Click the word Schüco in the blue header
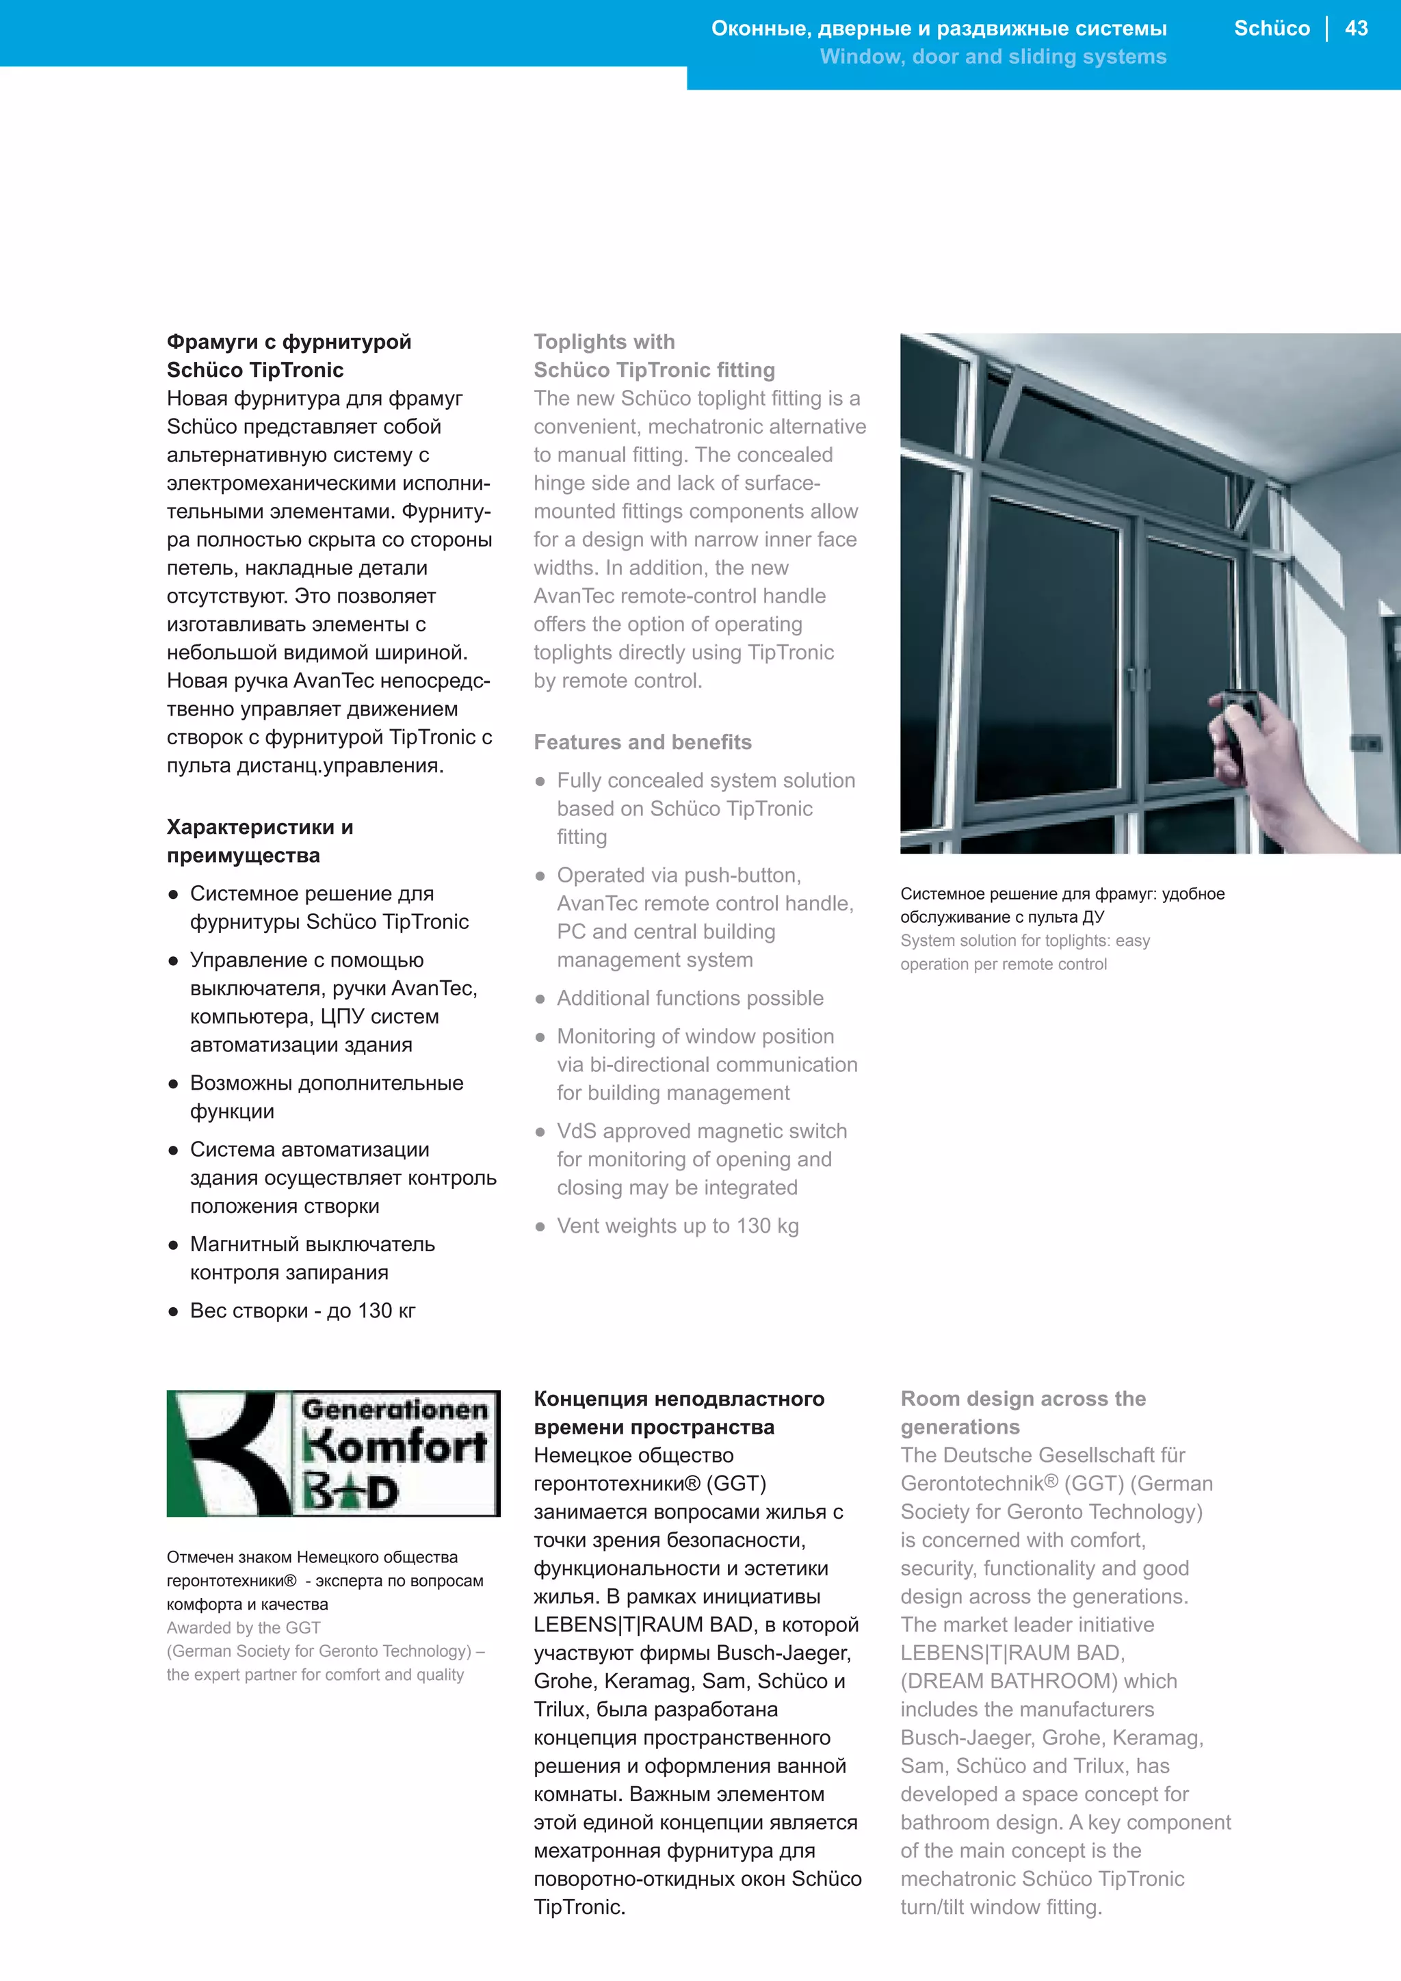tap(1271, 29)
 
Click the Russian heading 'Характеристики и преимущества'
tap(260, 841)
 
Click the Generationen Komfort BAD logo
tap(333, 1454)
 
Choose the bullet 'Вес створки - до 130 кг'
tap(302, 1311)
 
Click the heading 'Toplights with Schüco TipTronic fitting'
tap(653, 356)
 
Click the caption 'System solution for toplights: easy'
tap(1024, 941)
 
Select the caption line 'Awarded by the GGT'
tap(244, 1627)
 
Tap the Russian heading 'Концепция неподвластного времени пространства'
tap(678, 1413)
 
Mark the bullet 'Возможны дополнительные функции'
tap(326, 1097)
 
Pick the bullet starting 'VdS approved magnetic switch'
tap(700, 1159)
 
